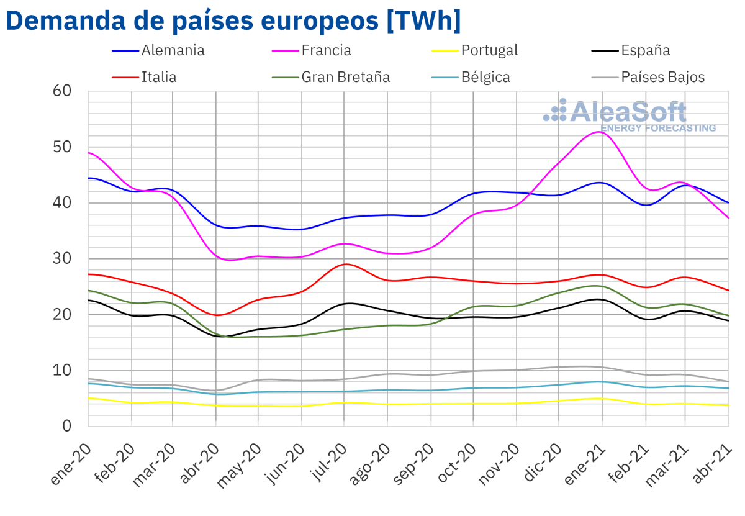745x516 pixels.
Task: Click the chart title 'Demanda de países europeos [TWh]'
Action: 233,20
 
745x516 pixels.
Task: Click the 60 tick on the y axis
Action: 63,91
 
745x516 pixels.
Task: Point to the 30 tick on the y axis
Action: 63,258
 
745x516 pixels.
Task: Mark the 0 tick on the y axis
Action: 67,426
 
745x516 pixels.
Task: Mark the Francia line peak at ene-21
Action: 600,132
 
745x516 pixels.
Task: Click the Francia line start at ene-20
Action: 89,152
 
